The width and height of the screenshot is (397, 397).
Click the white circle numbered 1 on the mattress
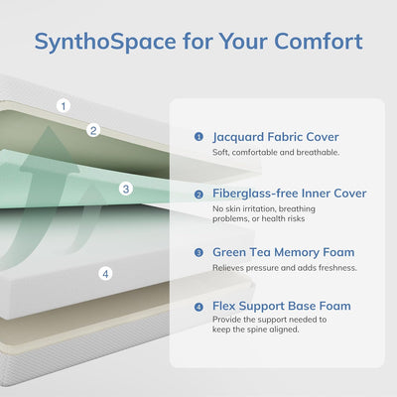tap(65, 105)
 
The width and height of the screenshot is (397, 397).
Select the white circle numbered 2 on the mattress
tap(93, 129)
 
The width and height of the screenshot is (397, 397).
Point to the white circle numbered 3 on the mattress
tap(125, 188)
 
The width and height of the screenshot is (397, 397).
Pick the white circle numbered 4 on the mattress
tap(105, 273)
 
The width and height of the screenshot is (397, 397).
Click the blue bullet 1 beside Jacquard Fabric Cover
tap(198, 137)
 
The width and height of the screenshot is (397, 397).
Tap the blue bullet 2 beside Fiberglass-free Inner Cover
tap(198, 194)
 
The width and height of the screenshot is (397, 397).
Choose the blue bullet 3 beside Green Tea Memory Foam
tap(198, 252)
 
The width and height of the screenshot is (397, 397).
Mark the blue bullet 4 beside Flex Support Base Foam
tap(198, 307)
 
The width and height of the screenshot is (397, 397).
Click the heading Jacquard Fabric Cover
tap(276, 137)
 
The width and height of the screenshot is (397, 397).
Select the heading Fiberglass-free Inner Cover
tap(290, 194)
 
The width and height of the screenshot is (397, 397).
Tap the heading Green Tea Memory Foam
tap(284, 252)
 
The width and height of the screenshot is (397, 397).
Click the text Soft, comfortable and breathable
tap(277, 153)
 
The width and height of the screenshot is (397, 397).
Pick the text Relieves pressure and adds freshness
tap(285, 268)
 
